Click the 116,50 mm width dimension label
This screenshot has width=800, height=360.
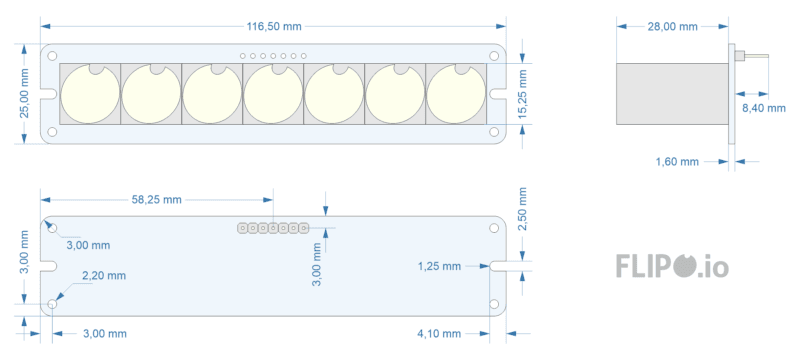coord(274,27)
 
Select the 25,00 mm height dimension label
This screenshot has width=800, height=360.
coord(25,93)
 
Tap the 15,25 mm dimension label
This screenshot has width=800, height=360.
coord(522,94)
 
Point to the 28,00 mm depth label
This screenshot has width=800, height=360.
coord(672,27)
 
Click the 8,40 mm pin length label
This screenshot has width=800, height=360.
coord(764,108)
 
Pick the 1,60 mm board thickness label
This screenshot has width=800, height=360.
coord(677,162)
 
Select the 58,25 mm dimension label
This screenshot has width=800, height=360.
coord(157,199)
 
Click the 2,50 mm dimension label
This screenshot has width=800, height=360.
coord(522,209)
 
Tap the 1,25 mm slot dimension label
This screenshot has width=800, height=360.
coord(439,266)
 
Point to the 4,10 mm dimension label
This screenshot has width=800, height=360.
coord(439,333)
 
